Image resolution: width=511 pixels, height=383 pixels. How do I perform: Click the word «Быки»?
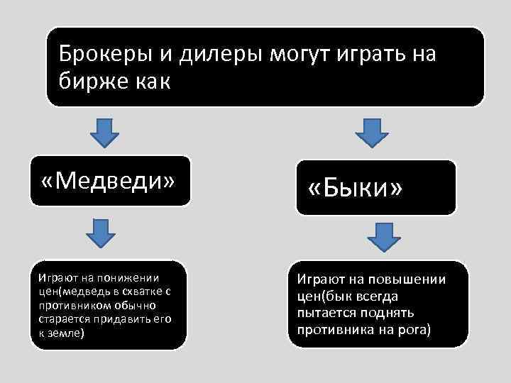[356, 188]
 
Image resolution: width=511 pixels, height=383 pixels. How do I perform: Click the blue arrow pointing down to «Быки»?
[367, 133]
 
